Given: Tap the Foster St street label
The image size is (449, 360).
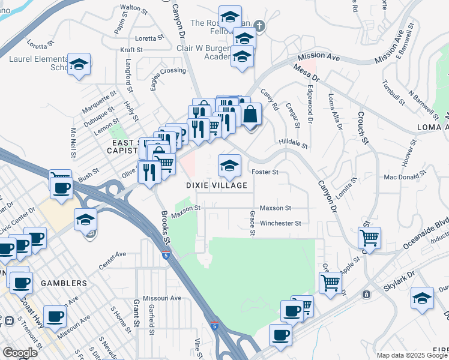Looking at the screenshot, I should pos(265,172).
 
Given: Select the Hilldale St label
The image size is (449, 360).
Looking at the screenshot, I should pos(293,145).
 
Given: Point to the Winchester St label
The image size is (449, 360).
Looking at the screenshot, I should pos(280,223).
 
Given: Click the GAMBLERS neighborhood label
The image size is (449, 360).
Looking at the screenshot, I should pos(63,283).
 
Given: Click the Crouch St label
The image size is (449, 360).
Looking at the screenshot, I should pos(362,128).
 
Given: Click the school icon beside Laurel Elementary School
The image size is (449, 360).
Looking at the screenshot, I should pos(78,64).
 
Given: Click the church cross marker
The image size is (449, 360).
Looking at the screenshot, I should pos(259,26).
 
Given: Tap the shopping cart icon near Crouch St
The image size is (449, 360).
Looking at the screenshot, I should pos(369,238).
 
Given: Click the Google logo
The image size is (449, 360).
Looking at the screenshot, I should pos(20,353).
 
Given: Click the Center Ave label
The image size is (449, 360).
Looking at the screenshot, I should pos(112,259).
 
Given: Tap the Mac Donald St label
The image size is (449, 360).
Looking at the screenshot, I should pos(400,177).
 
